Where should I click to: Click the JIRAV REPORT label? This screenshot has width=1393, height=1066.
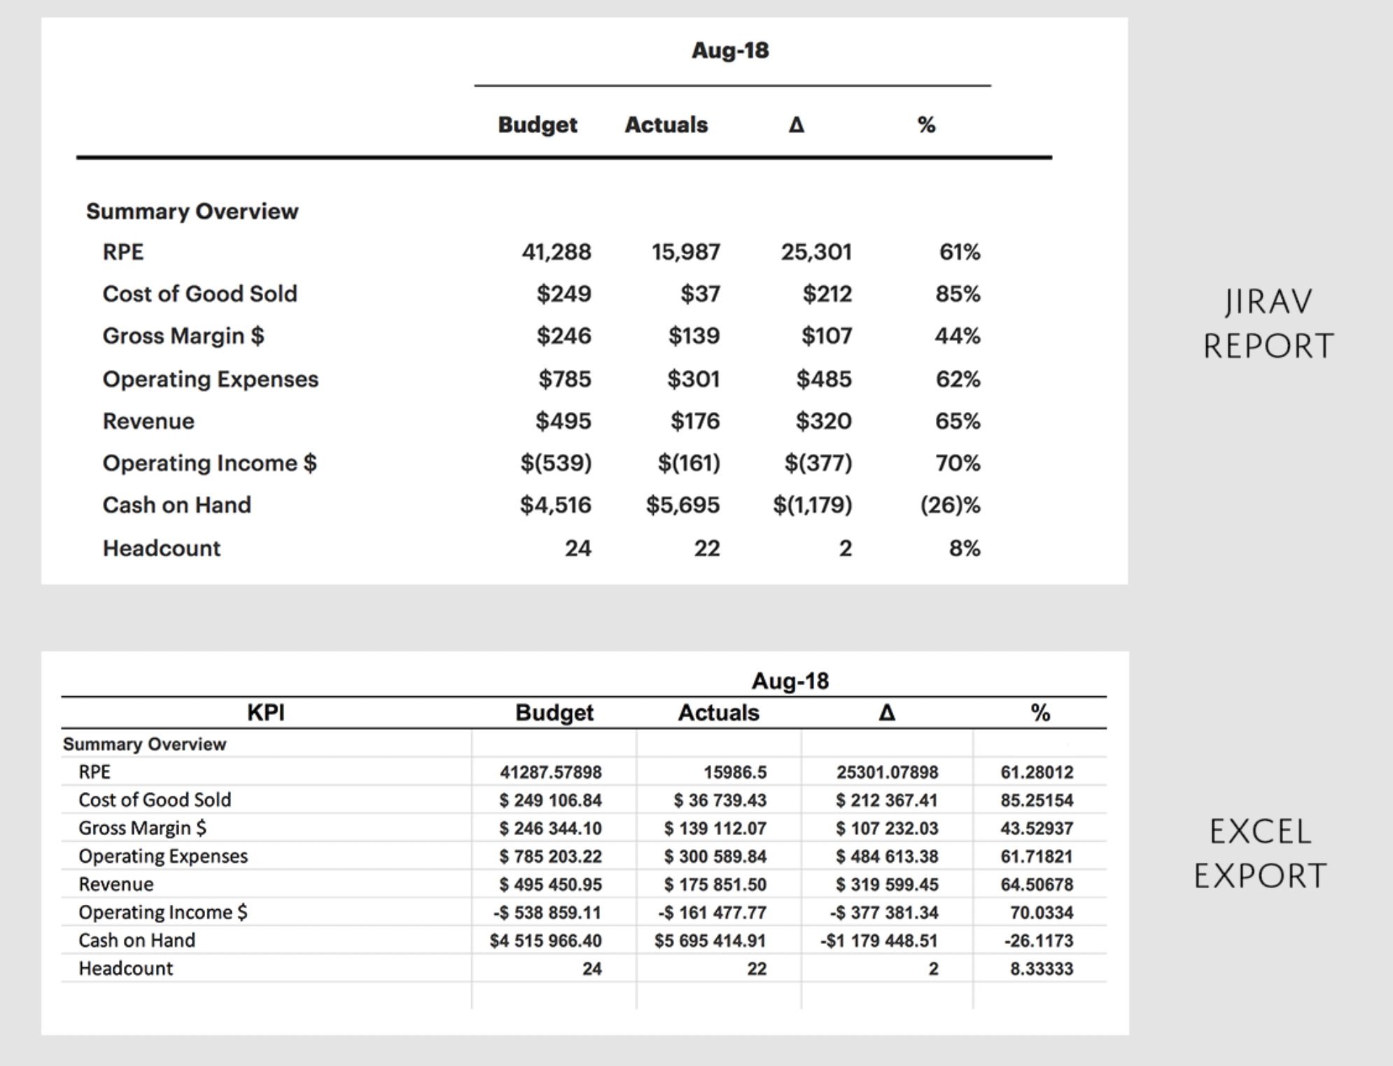pos(1268,324)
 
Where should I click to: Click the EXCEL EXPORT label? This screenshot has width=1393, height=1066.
pos(1260,854)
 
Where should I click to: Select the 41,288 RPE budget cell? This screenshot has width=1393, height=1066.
pos(556,251)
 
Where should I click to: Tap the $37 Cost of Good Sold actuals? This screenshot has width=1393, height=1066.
pos(700,293)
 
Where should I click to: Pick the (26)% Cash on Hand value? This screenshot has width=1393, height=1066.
pos(950,505)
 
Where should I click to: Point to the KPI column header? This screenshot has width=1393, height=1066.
pos(266,713)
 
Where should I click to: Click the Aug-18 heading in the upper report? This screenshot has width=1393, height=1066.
pos(730,50)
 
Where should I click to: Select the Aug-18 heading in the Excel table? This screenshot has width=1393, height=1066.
pos(790,681)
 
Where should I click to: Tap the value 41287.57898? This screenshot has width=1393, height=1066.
pos(550,773)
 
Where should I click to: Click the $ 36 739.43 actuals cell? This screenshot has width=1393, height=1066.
pos(720,801)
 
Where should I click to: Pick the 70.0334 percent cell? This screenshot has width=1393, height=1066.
pos(1041,913)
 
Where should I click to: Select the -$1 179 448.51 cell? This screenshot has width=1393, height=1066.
pos(878,941)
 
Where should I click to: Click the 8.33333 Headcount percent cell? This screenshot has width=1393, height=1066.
pos(1041,969)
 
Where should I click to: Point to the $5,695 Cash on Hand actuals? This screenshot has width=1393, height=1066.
pos(682,505)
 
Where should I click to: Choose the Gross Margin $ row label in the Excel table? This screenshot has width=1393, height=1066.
pos(142,828)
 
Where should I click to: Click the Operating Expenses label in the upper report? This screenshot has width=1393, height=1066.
pos(210,379)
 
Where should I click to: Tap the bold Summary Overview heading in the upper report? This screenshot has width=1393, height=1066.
pos(192,212)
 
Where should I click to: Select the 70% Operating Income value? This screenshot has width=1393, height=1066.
pos(958,463)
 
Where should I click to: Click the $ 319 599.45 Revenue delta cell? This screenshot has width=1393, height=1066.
pos(887,885)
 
